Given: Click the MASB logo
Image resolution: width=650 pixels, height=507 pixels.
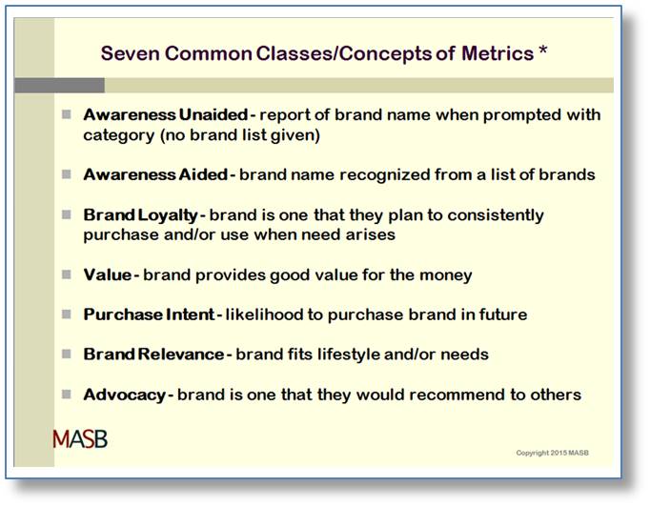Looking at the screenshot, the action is click(x=80, y=439).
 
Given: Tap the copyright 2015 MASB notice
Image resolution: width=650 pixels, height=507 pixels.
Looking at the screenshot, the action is click(x=552, y=453).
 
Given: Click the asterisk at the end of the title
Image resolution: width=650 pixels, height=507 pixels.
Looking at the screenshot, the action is click(x=543, y=51).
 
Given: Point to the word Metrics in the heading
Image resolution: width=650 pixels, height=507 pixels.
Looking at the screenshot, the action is click(x=498, y=53).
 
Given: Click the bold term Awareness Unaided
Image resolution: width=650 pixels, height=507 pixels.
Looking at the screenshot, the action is click(x=166, y=114).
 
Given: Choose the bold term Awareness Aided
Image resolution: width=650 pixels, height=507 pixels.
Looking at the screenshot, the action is click(x=155, y=174).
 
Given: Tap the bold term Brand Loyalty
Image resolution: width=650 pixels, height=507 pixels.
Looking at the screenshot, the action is click(x=140, y=215).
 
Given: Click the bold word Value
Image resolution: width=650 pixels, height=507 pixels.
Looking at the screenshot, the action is click(x=108, y=274).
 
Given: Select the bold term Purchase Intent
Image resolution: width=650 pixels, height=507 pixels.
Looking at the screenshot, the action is click(x=149, y=314).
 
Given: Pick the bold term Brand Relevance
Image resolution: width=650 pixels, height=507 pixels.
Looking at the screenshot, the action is click(x=153, y=355).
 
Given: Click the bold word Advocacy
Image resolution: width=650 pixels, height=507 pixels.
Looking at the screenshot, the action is click(x=124, y=395).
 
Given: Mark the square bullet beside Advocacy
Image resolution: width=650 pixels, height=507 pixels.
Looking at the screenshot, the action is click(x=67, y=394).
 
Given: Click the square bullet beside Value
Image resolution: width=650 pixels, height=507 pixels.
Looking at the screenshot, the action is click(x=67, y=274).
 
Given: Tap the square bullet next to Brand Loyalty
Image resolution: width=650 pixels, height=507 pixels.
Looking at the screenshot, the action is click(x=67, y=214).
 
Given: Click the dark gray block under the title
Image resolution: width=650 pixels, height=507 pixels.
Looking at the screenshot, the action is click(x=59, y=86).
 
